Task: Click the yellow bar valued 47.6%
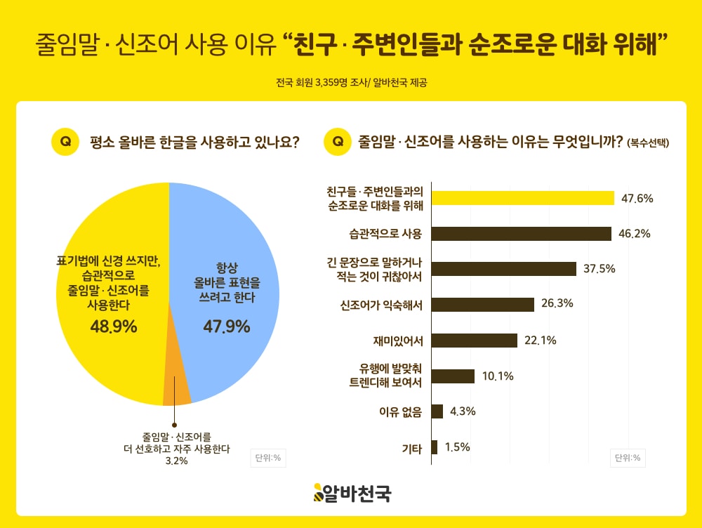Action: click(x=522, y=198)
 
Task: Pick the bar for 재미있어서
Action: click(x=475, y=341)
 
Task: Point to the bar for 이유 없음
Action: click(x=437, y=411)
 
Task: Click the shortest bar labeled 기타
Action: click(x=435, y=447)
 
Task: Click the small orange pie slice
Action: click(x=176, y=391)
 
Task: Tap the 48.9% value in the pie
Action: click(x=113, y=326)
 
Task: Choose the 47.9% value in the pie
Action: click(x=227, y=326)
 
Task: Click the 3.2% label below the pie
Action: click(x=176, y=461)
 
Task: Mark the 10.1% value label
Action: click(x=498, y=376)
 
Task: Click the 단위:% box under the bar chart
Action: click(x=627, y=458)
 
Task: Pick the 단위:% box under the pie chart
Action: click(x=267, y=458)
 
